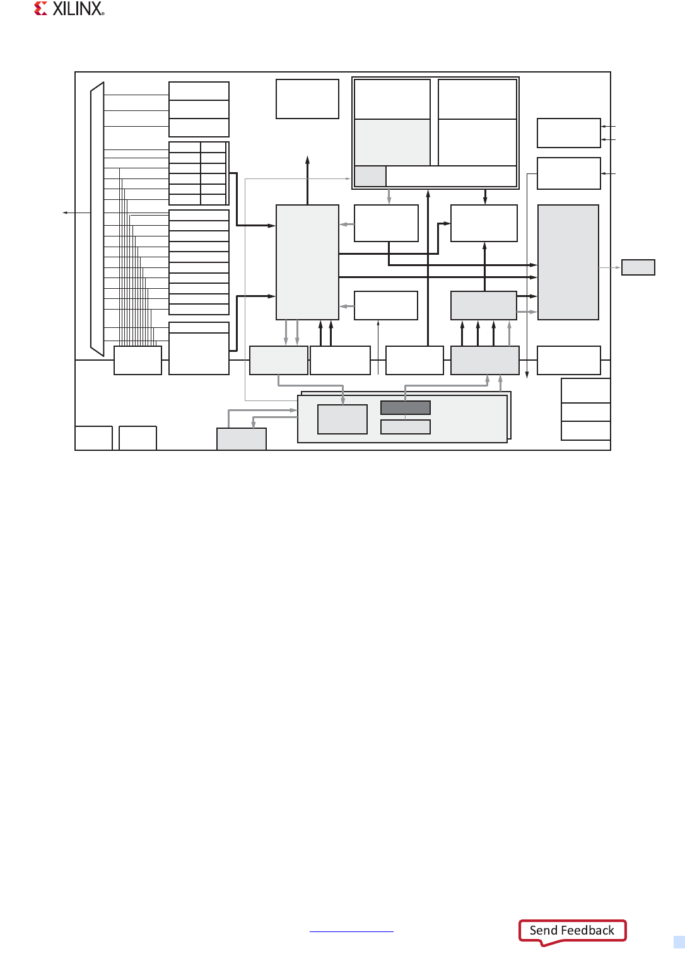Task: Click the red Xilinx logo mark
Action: (x=40, y=9)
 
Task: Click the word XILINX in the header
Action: (x=78, y=9)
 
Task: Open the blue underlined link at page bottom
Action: (x=351, y=931)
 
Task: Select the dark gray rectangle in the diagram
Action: (x=406, y=407)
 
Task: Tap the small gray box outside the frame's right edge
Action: (x=638, y=267)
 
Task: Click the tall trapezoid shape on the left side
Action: (x=97, y=219)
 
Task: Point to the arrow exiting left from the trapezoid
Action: (x=76, y=213)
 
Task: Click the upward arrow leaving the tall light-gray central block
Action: (x=307, y=180)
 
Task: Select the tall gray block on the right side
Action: (x=568, y=262)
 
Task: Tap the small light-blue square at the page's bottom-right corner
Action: (x=679, y=942)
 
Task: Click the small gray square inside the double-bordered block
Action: (x=370, y=176)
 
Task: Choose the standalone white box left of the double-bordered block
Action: (x=307, y=99)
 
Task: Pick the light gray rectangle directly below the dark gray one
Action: (x=406, y=427)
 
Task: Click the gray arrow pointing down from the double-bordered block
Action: (x=389, y=197)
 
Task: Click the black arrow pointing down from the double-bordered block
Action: (x=485, y=197)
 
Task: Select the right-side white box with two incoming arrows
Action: (x=569, y=133)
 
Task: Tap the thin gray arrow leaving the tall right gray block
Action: (x=610, y=267)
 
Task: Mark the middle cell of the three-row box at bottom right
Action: (x=585, y=412)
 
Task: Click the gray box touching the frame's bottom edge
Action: (x=242, y=439)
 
